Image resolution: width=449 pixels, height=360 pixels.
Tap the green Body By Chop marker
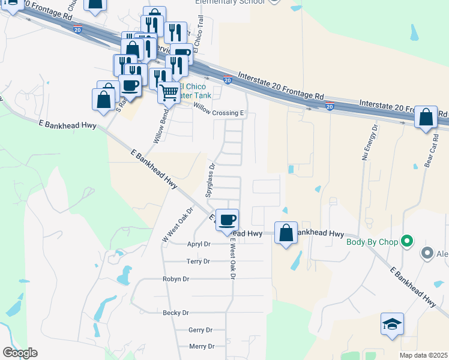[x=408, y=242]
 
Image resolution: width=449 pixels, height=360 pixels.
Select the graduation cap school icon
[x=392, y=325]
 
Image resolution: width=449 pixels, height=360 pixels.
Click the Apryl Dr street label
[x=199, y=244]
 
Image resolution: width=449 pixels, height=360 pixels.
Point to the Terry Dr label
[x=198, y=262]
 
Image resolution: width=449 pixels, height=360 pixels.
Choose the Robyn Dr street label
[x=176, y=279]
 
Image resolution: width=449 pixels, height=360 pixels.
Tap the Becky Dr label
[x=176, y=313]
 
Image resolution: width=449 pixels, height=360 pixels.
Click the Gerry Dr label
[x=200, y=330]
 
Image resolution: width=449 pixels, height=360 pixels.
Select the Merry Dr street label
[x=202, y=346]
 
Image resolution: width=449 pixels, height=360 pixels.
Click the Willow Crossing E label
[x=220, y=109]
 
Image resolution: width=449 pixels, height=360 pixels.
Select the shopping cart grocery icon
[x=169, y=92]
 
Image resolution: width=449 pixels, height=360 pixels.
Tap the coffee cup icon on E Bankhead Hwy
[x=227, y=220]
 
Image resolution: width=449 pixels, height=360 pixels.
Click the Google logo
[x=20, y=353]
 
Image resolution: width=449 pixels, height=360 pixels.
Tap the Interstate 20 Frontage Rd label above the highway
[x=281, y=86]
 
